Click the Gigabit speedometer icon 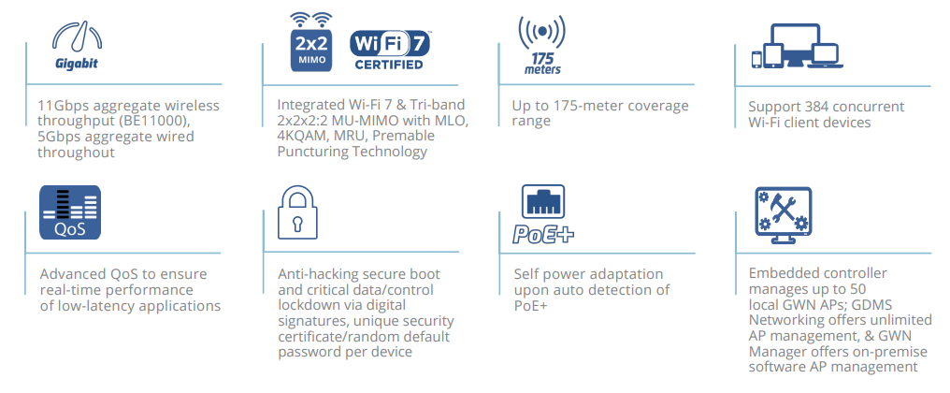pyautogui.click(x=76, y=41)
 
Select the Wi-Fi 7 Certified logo pyautogui.click(x=389, y=50)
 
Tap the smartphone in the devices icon pyautogui.click(x=756, y=60)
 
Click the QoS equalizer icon pyautogui.click(x=69, y=212)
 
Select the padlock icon pyautogui.click(x=297, y=212)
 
